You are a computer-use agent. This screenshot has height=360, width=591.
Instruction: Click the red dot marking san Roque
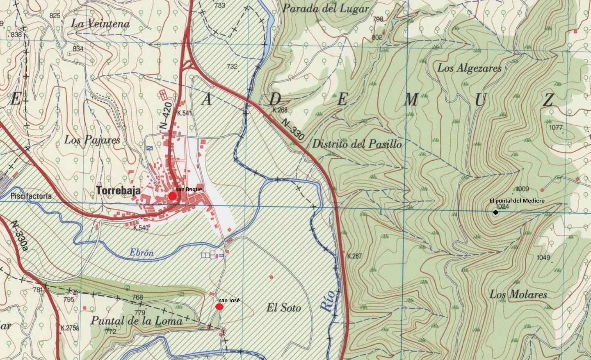coord(172,196)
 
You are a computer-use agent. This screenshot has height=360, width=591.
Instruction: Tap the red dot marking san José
coord(219,307)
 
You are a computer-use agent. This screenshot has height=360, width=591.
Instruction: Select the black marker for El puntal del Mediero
coord(495,212)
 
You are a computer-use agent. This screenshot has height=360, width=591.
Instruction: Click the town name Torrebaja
coord(119,190)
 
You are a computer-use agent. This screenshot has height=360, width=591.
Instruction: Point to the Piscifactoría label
coord(31,196)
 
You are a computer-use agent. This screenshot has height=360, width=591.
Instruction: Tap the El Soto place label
coord(283,308)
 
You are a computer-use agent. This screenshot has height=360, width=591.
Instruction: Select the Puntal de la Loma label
coord(136,320)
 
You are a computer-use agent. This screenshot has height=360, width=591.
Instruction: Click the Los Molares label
coord(518,294)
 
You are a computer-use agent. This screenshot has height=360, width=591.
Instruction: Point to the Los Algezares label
coord(469,68)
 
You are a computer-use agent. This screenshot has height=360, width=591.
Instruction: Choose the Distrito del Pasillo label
coord(357,144)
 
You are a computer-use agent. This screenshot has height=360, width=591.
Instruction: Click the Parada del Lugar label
coord(326,9)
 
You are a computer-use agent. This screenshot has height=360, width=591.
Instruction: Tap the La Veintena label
coord(100,24)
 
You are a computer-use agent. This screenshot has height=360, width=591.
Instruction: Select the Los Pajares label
coord(92,140)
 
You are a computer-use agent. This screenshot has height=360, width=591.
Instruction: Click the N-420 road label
coord(165,119)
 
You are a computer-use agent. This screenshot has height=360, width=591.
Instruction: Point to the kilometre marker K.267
coord(354,256)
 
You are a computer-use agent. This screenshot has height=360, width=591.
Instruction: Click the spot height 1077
coord(556,128)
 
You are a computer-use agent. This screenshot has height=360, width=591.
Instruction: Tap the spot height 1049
coord(543,257)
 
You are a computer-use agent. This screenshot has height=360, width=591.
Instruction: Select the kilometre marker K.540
coord(141,228)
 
